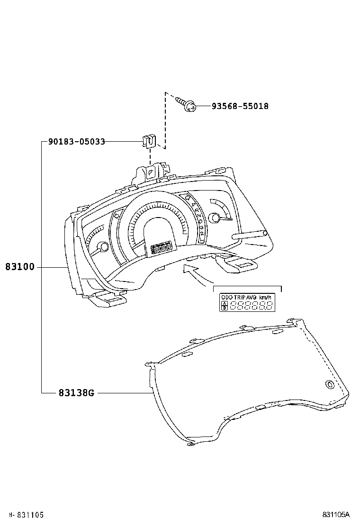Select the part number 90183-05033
tap(76, 142)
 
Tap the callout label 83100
tap(20, 267)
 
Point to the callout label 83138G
tap(77, 393)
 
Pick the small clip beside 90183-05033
tap(148, 141)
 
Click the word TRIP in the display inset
tap(239, 297)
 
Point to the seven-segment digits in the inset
tap(251, 306)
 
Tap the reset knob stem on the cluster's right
tap(249, 235)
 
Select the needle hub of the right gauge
tap(216, 218)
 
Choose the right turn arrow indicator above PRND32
tap(188, 197)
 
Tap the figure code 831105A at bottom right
tap(336, 515)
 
